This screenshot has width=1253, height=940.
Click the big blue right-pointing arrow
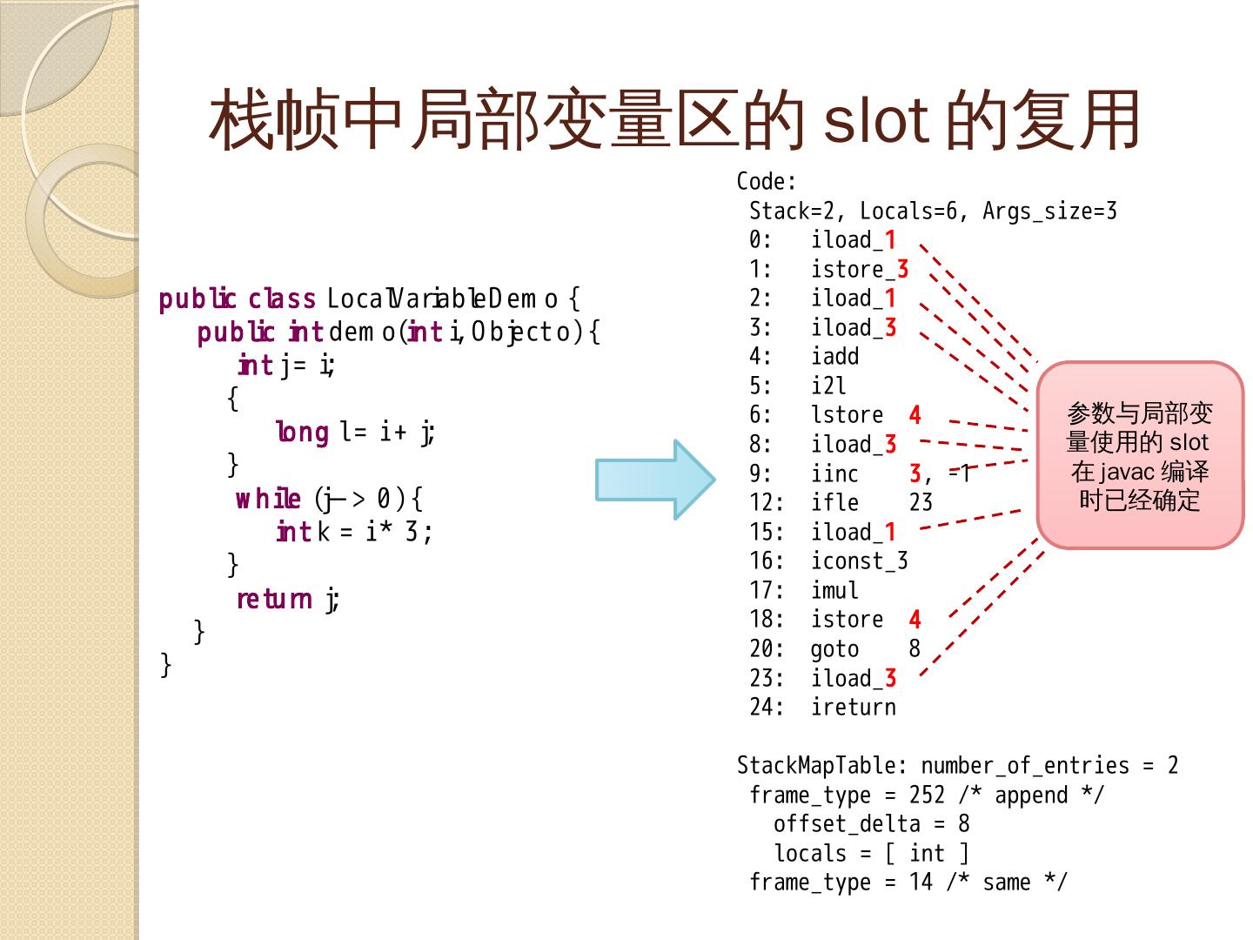(654, 480)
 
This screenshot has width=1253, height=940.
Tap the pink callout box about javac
(1140, 455)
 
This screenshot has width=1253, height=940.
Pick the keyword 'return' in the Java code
(273, 599)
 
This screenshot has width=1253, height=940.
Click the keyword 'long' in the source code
(302, 432)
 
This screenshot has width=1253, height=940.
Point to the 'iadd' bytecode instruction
(834, 357)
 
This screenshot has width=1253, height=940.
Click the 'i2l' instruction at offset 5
(828, 386)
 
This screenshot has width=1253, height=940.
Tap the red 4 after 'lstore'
(915, 415)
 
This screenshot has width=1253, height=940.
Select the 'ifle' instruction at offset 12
(834, 503)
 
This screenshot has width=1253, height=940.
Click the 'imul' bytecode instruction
(834, 591)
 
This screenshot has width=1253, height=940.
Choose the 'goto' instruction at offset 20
(834, 649)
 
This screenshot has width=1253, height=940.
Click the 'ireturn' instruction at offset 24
(853, 708)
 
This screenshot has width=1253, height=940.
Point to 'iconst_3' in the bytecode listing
(859, 561)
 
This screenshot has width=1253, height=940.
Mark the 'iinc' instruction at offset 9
(834, 474)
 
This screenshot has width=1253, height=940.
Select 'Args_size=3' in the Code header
(1049, 211)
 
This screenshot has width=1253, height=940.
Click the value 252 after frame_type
(927, 796)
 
